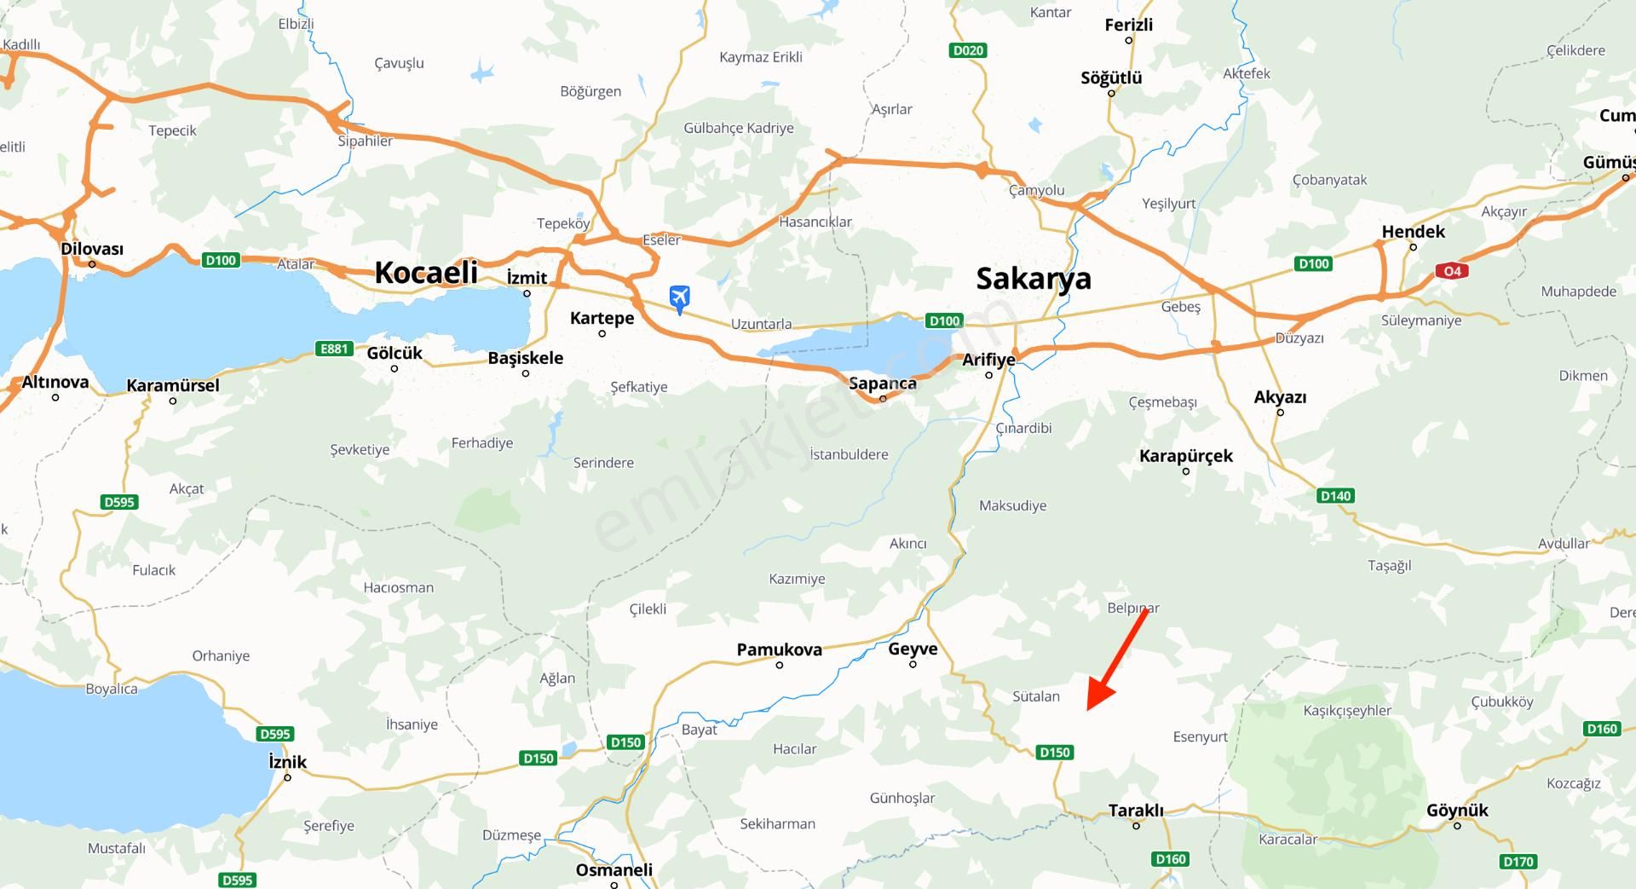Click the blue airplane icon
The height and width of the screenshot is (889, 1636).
(679, 298)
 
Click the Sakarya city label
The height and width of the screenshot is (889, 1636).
(1033, 279)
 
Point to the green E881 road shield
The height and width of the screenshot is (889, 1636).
(334, 349)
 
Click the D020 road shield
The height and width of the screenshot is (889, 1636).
(968, 50)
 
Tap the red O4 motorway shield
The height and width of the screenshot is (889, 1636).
(1452, 271)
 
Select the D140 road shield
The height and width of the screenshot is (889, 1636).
(1335, 495)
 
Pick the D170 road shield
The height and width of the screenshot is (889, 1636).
(1518, 862)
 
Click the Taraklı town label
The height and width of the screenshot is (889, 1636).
(1136, 811)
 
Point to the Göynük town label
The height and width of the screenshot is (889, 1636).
(1457, 811)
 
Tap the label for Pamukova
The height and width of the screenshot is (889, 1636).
(779, 649)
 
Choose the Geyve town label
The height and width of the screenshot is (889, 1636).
(913, 649)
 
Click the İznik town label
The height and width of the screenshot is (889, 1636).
(287, 762)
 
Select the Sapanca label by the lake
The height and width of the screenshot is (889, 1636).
(883, 384)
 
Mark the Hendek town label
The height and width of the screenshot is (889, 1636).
(1413, 232)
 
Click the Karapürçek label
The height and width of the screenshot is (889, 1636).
(1185, 456)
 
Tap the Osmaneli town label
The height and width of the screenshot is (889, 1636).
(613, 870)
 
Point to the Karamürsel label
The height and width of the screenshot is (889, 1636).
(173, 385)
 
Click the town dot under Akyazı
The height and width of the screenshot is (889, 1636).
(1280, 413)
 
